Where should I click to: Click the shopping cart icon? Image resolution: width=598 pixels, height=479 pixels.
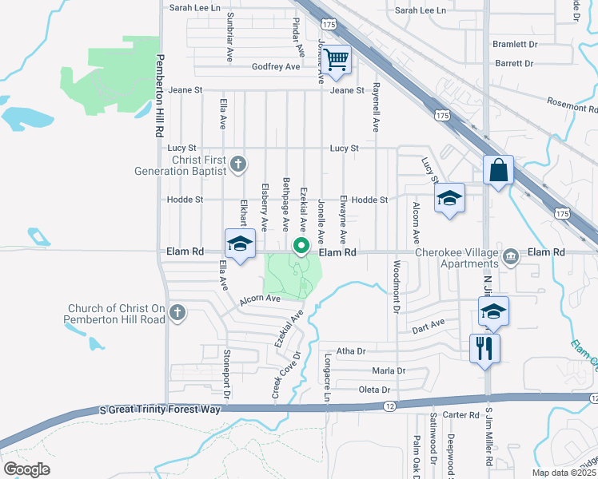(338, 58)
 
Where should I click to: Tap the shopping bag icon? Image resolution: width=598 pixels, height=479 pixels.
(497, 169)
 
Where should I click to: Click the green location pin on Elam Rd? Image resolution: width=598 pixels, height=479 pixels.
(301, 246)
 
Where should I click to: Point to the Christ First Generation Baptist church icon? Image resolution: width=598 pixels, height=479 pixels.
(237, 164)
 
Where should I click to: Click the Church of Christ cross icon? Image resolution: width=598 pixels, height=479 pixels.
(177, 313)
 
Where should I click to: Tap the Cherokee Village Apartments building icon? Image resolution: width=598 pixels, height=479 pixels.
(511, 256)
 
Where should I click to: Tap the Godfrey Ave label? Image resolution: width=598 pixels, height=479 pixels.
(275, 67)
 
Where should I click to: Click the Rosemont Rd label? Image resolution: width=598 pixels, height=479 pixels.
(571, 105)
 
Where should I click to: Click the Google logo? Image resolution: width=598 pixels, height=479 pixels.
(26, 469)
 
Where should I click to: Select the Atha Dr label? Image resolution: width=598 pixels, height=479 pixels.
(350, 350)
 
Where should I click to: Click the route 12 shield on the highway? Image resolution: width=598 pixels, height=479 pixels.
(389, 406)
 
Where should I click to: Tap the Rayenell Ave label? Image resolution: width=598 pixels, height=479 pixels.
(375, 109)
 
